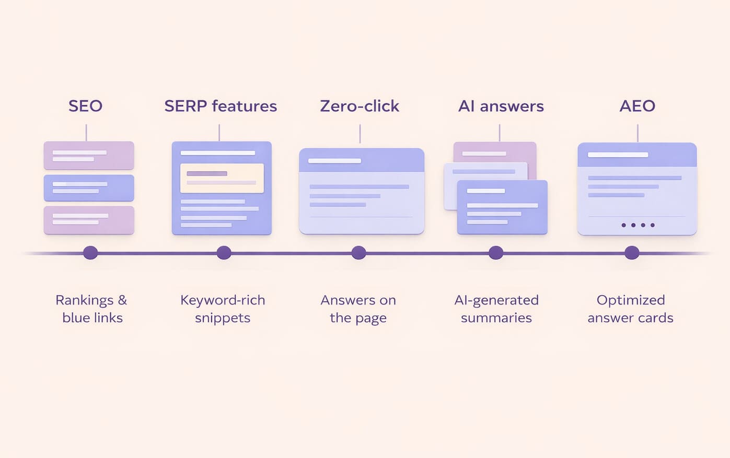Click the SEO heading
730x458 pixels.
(x=85, y=106)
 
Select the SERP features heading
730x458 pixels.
(x=221, y=106)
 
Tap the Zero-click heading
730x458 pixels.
(x=360, y=106)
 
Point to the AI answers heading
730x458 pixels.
(x=501, y=106)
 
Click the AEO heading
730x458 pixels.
(x=637, y=106)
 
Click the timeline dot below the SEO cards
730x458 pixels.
(x=90, y=253)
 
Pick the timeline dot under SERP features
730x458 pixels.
(x=224, y=253)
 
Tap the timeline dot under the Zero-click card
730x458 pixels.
(x=358, y=253)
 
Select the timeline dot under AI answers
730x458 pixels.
(x=496, y=253)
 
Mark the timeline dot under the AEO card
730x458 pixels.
(x=632, y=253)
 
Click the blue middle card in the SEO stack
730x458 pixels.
(x=89, y=187)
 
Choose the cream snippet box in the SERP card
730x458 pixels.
(x=222, y=178)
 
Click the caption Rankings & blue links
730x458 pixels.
(x=92, y=309)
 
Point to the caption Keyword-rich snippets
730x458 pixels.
(x=223, y=309)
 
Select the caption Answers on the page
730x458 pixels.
(x=358, y=309)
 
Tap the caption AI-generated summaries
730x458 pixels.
(x=496, y=309)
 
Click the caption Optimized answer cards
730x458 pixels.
(x=630, y=309)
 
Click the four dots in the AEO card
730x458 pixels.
(x=638, y=225)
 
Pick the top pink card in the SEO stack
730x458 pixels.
(x=89, y=155)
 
